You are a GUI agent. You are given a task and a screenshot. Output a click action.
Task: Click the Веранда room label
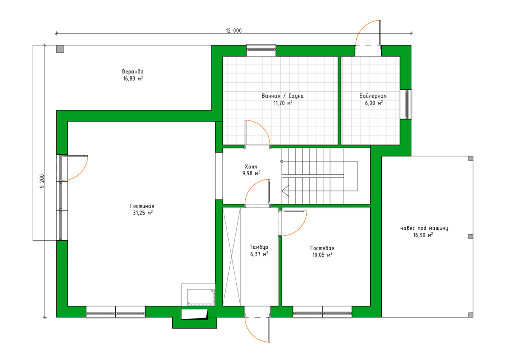[x=133, y=72]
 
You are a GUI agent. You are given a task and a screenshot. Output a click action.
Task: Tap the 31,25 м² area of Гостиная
[x=143, y=213]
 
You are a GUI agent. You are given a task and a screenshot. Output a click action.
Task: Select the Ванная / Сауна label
[x=282, y=96]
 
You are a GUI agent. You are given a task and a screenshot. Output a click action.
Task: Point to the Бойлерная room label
[x=373, y=96]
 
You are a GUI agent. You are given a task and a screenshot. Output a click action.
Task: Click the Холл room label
[x=251, y=166]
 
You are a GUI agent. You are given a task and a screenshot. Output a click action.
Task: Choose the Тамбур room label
[x=259, y=247]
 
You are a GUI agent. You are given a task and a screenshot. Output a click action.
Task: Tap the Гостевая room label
[x=322, y=248]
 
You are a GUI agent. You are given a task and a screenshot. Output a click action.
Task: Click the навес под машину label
[x=424, y=228]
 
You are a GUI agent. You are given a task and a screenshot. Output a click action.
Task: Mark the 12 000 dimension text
[x=234, y=31]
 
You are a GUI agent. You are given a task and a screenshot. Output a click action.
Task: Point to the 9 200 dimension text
[x=42, y=181]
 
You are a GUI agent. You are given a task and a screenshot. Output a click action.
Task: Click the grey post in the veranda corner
[x=60, y=49]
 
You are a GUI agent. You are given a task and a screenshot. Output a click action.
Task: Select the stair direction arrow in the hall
[x=285, y=191]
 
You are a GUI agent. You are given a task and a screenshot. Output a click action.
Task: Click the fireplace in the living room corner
[x=199, y=295]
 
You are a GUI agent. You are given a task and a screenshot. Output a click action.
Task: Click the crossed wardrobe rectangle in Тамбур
[x=232, y=256]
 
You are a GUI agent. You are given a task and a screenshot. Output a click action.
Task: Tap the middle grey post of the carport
[x=471, y=236]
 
